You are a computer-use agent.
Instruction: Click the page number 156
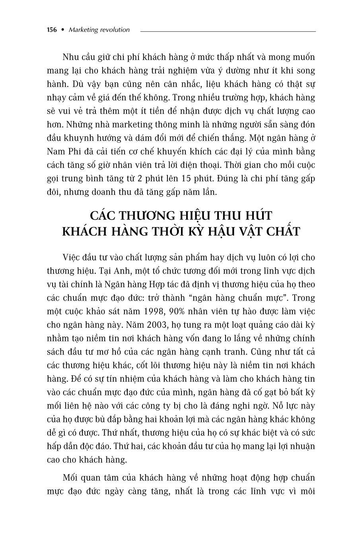pyautogui.click(x=52, y=30)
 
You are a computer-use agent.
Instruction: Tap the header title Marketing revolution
pyautogui.click(x=99, y=30)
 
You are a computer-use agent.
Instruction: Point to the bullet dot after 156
pyautogui.click(x=62, y=30)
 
